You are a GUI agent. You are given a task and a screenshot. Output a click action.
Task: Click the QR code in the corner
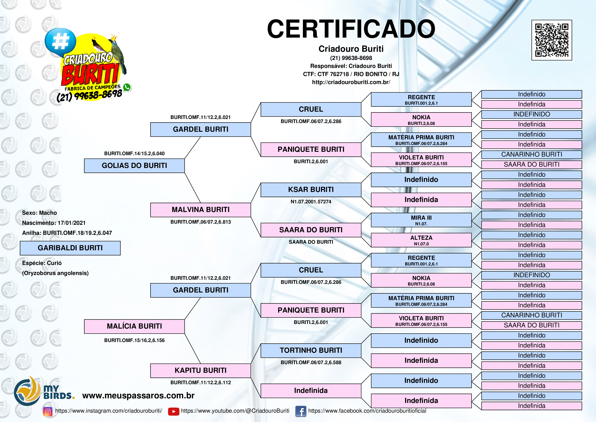(552, 40)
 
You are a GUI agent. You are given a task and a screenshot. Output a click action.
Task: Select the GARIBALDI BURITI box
(70, 248)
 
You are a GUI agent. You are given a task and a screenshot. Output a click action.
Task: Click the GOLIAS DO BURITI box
(134, 166)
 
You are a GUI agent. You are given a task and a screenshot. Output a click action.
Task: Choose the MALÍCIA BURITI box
(134, 326)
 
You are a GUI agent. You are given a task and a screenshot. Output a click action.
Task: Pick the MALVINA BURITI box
(200, 210)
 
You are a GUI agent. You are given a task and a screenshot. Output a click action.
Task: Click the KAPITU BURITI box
(200, 370)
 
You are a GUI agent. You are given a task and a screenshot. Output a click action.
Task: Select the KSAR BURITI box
(311, 190)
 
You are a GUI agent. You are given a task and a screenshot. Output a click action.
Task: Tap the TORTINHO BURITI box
(311, 351)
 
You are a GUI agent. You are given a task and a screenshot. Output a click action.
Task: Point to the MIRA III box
(421, 220)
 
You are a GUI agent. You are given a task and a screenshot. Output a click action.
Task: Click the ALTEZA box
(421, 240)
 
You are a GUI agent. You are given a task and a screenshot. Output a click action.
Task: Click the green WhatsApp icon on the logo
(127, 87)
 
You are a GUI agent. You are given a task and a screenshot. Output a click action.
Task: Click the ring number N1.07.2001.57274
(311, 201)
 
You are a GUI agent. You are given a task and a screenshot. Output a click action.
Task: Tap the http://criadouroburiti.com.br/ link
(351, 82)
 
